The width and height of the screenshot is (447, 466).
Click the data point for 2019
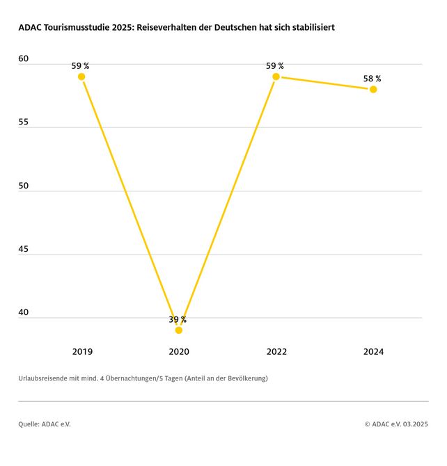(x=81, y=77)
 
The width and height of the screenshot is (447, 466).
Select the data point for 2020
(x=179, y=330)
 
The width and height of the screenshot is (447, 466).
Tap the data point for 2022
(x=276, y=77)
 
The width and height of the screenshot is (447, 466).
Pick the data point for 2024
(x=373, y=89)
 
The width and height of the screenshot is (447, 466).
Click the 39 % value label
(x=178, y=320)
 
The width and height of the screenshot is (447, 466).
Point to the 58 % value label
(x=372, y=79)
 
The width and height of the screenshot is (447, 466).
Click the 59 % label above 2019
(x=80, y=66)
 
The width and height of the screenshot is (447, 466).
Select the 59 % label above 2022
(x=275, y=66)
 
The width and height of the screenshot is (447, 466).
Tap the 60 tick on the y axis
(x=24, y=60)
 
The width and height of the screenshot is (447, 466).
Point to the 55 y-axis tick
(x=24, y=122)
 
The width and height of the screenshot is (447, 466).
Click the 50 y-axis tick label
(x=24, y=186)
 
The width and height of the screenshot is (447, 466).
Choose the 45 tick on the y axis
(x=24, y=249)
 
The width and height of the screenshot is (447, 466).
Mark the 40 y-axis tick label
(x=24, y=313)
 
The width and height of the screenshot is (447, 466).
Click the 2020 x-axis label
(x=179, y=352)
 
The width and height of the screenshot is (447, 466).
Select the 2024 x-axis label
(x=373, y=352)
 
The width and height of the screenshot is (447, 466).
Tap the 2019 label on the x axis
(x=82, y=352)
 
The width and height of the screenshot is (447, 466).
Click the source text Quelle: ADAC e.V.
(x=45, y=424)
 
